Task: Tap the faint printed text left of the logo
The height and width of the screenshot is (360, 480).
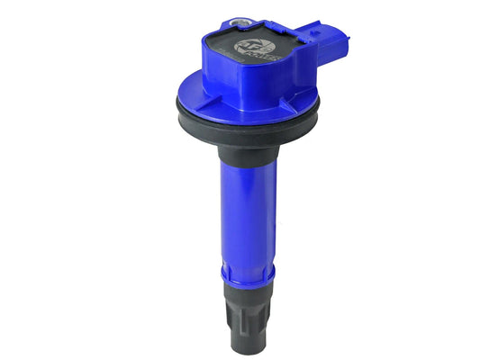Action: point(222,56)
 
